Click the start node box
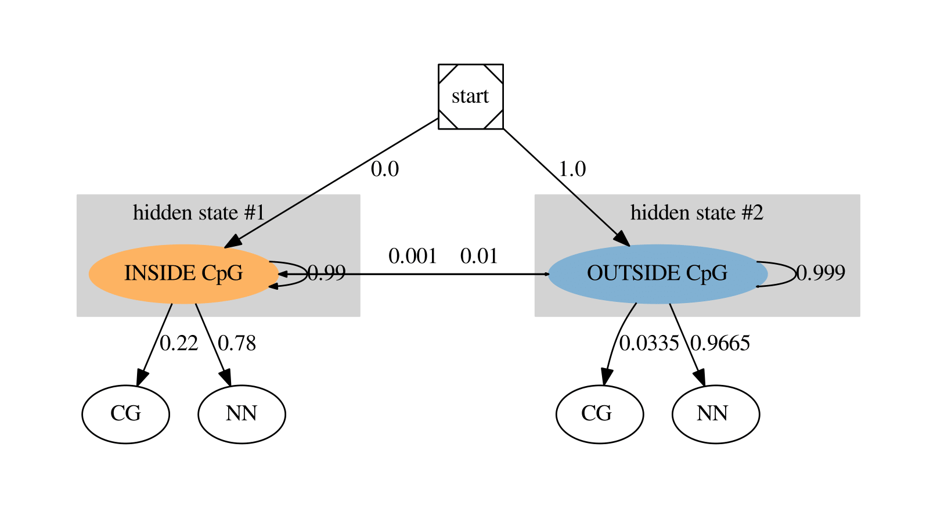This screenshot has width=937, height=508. coord(470,96)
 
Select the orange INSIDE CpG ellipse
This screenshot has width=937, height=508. coord(183,273)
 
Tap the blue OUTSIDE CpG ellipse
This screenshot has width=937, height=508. coord(657,273)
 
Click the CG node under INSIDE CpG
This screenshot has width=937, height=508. coord(125,414)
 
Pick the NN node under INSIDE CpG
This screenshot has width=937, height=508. coord(242,414)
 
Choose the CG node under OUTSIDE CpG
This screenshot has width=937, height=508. coord(599,414)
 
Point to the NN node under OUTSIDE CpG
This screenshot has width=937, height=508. coord(715,414)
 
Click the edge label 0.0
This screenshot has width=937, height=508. coord(385,169)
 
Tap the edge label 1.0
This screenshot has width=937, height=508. coord(572,169)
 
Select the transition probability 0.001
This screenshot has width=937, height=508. coord(412,256)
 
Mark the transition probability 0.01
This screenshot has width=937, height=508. coord(479,256)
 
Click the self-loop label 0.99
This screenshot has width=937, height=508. coord(326,273)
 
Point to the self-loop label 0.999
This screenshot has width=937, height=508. coord(820,273)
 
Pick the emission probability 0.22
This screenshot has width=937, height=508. coord(179,343)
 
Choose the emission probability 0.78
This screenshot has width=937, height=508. coord(237,343)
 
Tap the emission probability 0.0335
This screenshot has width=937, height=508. coord(648,343)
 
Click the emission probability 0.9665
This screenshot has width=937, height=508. coord(720,343)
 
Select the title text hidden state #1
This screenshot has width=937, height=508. coord(199,212)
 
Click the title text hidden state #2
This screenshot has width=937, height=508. coord(697,212)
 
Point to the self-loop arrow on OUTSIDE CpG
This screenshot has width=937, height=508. coord(793,273)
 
